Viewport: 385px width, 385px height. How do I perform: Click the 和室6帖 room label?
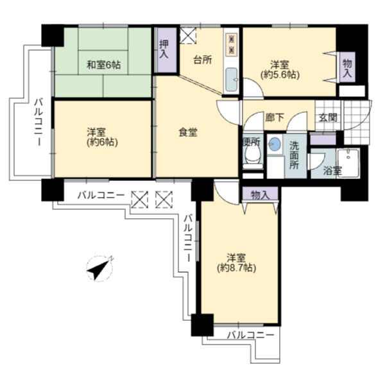(x=104, y=65)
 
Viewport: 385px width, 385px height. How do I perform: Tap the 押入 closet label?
(x=164, y=49)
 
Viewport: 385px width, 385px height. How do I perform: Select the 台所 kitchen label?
(x=203, y=60)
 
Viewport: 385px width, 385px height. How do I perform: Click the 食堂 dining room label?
(x=188, y=133)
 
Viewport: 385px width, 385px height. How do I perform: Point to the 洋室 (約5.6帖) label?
(x=280, y=70)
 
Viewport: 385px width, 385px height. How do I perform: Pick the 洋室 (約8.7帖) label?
(x=236, y=263)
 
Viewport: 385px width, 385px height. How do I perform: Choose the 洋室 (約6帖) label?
(x=103, y=137)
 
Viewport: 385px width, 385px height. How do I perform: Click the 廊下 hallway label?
(x=275, y=117)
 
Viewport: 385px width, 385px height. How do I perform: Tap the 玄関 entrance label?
(x=328, y=118)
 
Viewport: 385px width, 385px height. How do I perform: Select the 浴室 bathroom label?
(x=332, y=171)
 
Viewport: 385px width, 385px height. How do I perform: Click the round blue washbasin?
(x=275, y=144)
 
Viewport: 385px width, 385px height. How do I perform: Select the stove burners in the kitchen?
(x=231, y=46)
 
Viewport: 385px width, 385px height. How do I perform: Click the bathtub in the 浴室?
(x=348, y=162)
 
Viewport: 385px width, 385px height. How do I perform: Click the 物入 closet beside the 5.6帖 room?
(x=347, y=67)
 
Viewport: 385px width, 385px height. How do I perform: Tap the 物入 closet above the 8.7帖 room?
(x=260, y=194)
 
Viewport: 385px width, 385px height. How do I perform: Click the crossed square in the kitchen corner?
(x=188, y=35)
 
